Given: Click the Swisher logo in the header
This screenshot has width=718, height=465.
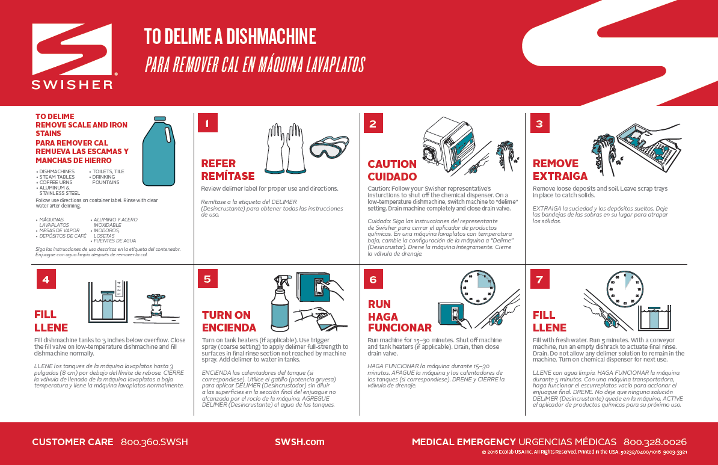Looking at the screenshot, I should click(x=72, y=56).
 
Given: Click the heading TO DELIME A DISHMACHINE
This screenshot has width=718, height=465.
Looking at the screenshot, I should click(x=230, y=37).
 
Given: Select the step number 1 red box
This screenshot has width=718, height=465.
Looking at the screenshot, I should click(x=207, y=123).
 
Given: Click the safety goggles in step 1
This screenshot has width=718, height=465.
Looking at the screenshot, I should click(x=329, y=147).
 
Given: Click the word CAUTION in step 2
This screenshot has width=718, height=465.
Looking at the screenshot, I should click(x=391, y=164).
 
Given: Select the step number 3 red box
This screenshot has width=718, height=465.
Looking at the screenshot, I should click(x=539, y=123).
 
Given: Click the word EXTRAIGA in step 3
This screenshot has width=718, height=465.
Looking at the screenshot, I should click(x=560, y=176).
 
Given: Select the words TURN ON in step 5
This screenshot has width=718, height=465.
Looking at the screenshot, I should click(x=226, y=315).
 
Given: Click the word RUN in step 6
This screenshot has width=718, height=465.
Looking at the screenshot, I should click(x=379, y=304).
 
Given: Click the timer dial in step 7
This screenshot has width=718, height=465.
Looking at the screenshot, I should click(x=627, y=288).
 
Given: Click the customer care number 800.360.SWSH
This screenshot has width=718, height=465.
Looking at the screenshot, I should click(x=154, y=442).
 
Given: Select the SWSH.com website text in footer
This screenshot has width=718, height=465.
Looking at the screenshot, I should click(x=299, y=442).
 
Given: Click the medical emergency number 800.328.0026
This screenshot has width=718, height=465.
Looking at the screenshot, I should click(x=655, y=442).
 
